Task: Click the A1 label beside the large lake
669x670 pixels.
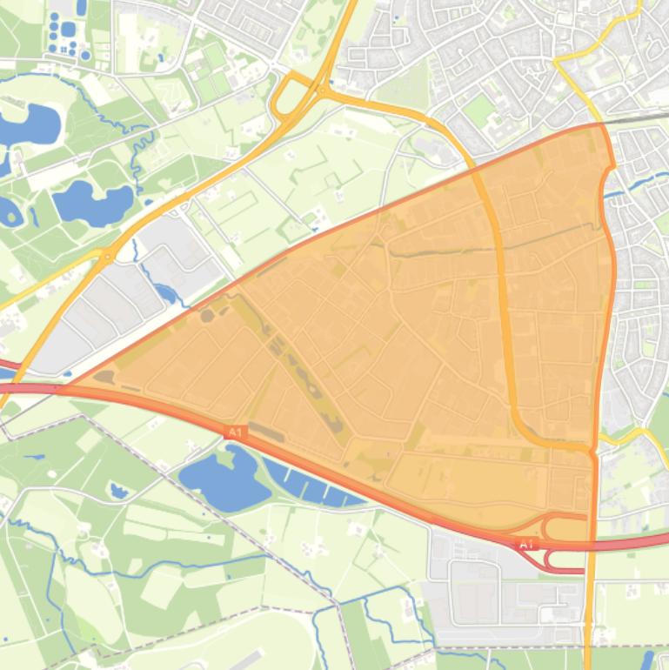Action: coord(235,432)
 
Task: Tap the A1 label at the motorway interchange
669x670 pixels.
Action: coord(525,544)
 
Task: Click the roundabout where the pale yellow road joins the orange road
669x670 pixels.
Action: coord(105,256)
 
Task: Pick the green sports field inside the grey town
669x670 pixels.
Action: coord(478,111)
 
